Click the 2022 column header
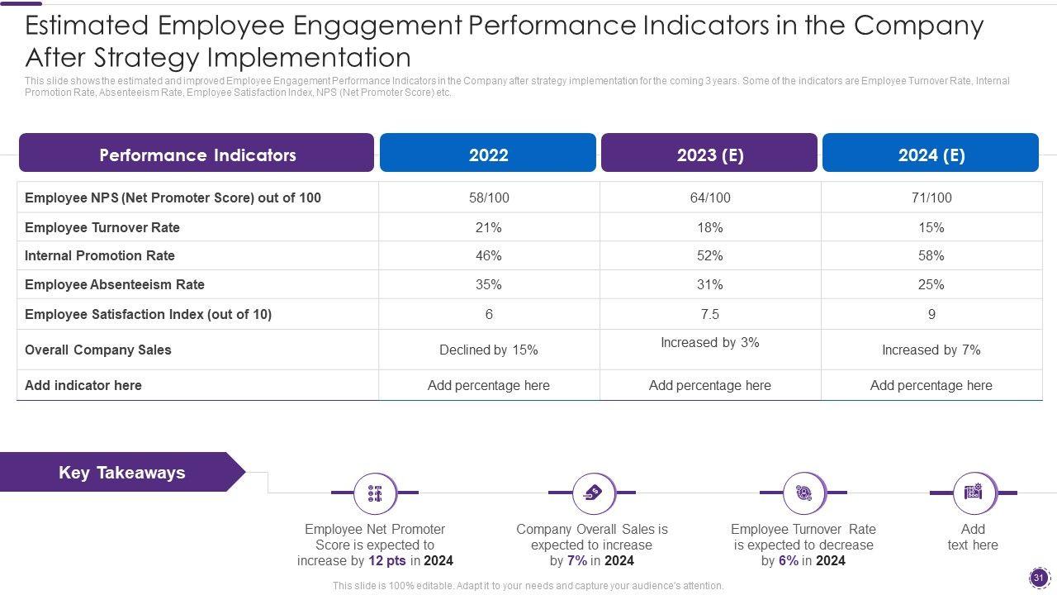(x=488, y=155)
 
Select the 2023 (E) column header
(x=709, y=155)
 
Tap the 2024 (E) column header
(x=931, y=155)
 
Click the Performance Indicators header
(x=197, y=155)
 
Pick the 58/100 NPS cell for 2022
(x=489, y=198)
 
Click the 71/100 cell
(x=931, y=198)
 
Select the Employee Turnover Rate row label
(x=102, y=227)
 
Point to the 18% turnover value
(x=709, y=227)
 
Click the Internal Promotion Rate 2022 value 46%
(x=489, y=255)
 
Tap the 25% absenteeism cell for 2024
(x=931, y=284)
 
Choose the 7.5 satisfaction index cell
(x=709, y=314)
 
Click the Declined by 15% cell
(x=489, y=350)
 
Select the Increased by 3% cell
(x=709, y=342)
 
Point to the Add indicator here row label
(x=83, y=385)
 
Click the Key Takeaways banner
(x=122, y=473)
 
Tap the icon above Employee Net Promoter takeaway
(x=375, y=493)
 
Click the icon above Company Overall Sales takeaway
(x=592, y=493)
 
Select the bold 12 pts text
(x=387, y=560)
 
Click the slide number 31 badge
(x=1039, y=578)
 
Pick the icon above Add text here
(x=973, y=493)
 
